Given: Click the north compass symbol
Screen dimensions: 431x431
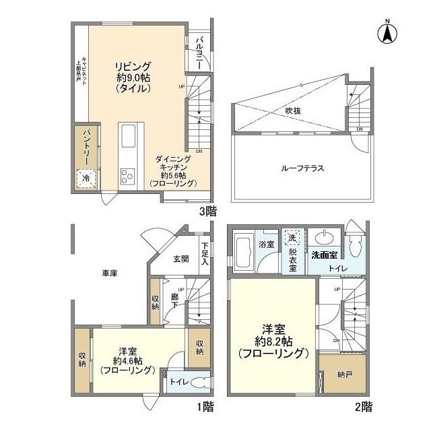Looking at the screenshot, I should [389, 33].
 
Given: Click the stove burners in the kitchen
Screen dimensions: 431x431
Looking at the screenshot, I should [128, 176].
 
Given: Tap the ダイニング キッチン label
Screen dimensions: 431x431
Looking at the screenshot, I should [175, 171].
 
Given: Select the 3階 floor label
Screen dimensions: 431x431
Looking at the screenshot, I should [207, 211].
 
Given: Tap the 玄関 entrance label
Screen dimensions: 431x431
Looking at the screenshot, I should [180, 259].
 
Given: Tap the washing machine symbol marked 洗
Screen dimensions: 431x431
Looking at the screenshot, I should [292, 238].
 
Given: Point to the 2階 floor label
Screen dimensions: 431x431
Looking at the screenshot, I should [362, 407].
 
